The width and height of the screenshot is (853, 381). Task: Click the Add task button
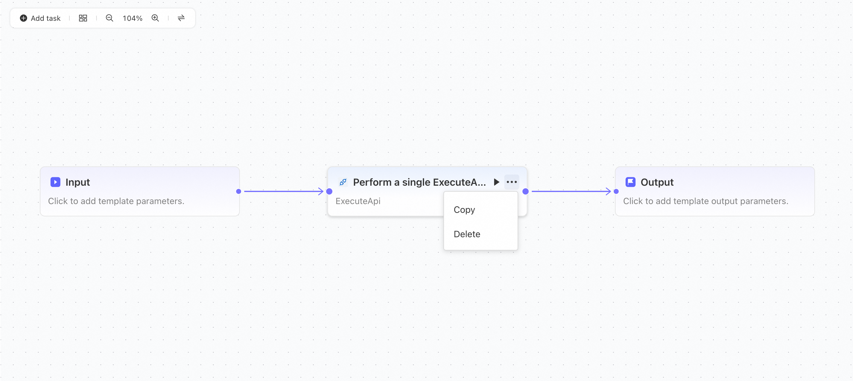point(40,18)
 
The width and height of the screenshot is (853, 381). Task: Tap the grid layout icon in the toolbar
point(83,18)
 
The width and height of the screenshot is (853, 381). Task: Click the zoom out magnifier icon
point(109,18)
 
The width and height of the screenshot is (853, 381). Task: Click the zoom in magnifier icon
point(155,18)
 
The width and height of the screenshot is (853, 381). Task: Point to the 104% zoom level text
point(132,18)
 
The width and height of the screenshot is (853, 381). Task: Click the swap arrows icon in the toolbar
point(181,18)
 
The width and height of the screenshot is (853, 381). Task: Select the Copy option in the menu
point(464,209)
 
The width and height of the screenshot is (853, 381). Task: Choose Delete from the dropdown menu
point(467,234)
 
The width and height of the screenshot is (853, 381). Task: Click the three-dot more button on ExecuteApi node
point(512,182)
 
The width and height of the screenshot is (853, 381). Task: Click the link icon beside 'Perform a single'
point(343,182)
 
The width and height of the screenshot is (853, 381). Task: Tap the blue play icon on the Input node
point(55,182)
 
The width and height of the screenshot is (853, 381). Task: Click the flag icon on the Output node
point(630,182)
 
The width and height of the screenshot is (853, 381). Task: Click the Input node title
point(78,182)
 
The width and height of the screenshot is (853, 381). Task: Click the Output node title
point(657,182)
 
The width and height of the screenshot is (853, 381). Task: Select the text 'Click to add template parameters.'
point(116,201)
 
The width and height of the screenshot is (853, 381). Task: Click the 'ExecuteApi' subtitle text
point(358,201)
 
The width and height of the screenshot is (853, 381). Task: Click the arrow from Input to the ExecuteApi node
point(284,191)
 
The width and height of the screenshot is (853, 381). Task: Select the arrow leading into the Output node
point(571,191)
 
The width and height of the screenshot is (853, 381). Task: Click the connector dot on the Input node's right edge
point(238,191)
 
